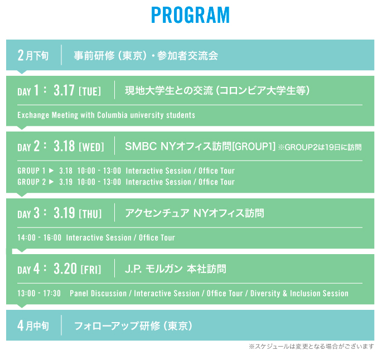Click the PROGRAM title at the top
pyautogui.click(x=191, y=15)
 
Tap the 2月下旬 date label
pyautogui.click(x=33, y=55)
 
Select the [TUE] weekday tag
pyautogui.click(x=90, y=91)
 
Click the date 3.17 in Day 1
pyautogui.click(x=64, y=90)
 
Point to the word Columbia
pyautogui.click(x=112, y=115)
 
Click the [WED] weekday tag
pyautogui.click(x=91, y=147)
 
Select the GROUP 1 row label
pyautogui.click(x=31, y=171)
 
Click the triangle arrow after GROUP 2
pyautogui.click(x=51, y=182)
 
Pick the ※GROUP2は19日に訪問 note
pyautogui.click(x=320, y=147)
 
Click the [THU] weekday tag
pyautogui.click(x=90, y=214)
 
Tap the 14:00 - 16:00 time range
pyautogui.click(x=40, y=237)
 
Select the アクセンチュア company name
pyautogui.click(x=157, y=213)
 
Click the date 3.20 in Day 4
pyautogui.click(x=65, y=269)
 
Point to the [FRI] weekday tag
pyautogui.click(x=91, y=270)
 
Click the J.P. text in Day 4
pyautogui.click(x=133, y=269)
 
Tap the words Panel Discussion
pyautogui.click(x=98, y=293)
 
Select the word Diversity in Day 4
pyautogui.click(x=265, y=293)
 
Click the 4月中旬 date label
pyautogui.click(x=33, y=325)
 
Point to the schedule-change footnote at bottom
pyautogui.click(x=311, y=347)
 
